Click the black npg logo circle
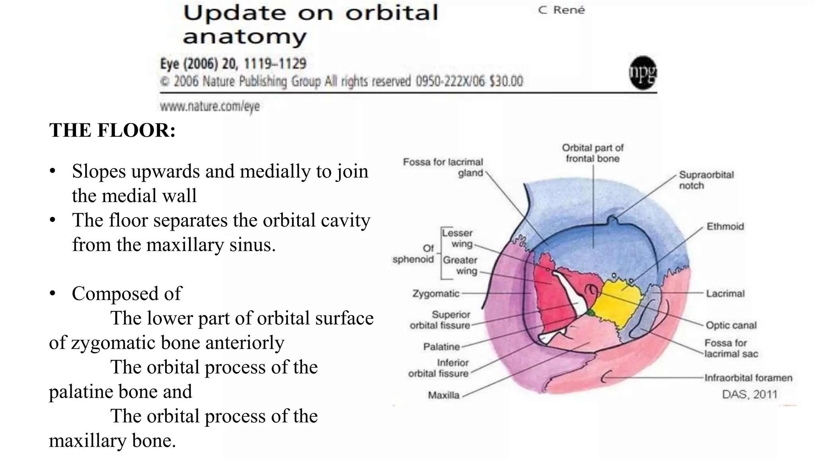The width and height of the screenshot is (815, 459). coord(643,73)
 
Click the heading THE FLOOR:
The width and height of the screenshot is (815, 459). coord(112,130)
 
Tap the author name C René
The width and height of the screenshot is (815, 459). coord(562,10)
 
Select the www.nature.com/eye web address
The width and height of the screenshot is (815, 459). coord(210,106)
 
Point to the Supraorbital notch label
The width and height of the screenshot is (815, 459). coord(706,180)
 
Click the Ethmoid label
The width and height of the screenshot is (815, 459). coord(725,227)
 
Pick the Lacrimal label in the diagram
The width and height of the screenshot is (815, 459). coord(725,294)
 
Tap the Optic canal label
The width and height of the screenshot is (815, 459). coord(731,325)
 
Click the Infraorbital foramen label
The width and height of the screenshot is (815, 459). coord(748,378)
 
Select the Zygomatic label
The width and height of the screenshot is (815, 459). coord(436,294)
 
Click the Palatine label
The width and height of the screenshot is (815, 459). coord(441,347)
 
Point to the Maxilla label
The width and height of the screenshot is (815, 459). coord(443,395)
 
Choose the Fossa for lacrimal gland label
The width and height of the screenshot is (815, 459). coord(443,167)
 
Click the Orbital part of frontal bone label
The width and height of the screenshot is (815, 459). coord(593,153)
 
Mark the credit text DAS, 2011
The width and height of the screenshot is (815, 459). coord(749,394)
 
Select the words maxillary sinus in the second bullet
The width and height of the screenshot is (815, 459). coord(211,245)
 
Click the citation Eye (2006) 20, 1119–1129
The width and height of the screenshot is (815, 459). coord(233,64)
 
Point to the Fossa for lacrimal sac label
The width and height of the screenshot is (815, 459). coord(731,348)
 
